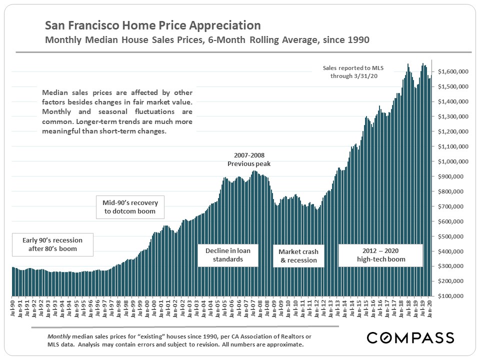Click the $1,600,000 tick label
coord(453,72)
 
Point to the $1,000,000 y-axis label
coord(453,161)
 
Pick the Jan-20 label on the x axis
coord(428,307)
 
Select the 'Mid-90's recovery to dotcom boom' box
coord(130,207)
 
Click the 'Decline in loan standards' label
coord(227,255)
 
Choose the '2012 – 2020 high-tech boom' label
coord(380,255)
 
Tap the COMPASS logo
coord(410,338)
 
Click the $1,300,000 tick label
coord(453,116)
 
